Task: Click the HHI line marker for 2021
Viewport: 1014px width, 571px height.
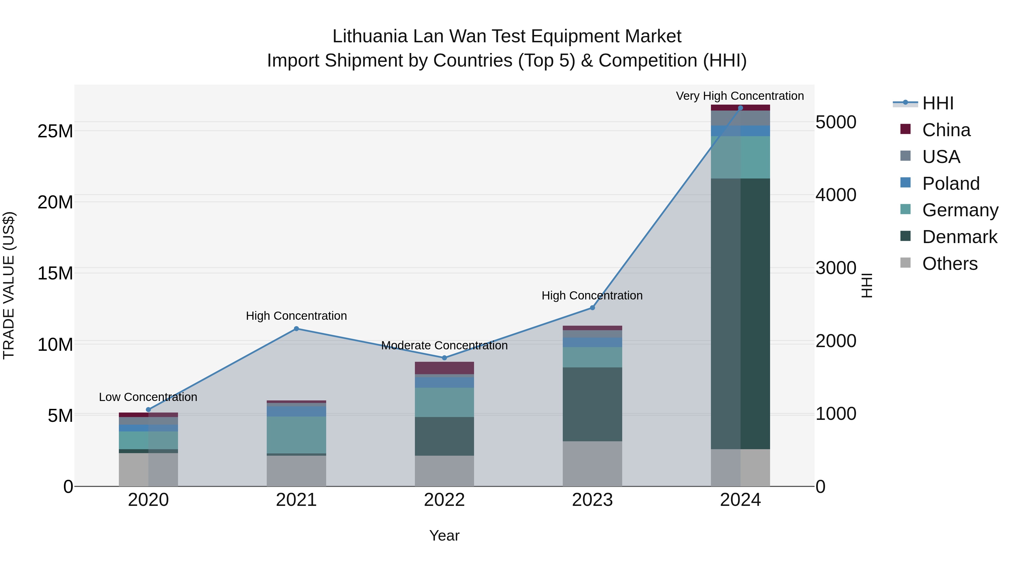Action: tap(296, 329)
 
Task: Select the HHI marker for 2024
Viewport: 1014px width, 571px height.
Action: tap(741, 108)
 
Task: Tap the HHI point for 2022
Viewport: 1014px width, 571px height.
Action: tap(444, 358)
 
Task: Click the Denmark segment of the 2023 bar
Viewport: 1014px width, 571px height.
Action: tap(592, 404)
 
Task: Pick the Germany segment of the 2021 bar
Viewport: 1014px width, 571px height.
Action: tap(296, 435)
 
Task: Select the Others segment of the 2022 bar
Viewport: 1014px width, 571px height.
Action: tap(444, 471)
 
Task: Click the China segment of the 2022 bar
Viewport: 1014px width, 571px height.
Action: tap(444, 368)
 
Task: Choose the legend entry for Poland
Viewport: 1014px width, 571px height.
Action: tap(950, 184)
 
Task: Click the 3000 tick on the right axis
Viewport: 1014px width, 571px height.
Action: tap(835, 268)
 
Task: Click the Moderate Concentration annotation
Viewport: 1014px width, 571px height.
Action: tap(444, 346)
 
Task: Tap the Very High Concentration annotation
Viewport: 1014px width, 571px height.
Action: tap(740, 96)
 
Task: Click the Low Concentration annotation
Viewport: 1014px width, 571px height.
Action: tap(148, 397)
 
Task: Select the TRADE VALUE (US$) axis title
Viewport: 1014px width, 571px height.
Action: tap(9, 285)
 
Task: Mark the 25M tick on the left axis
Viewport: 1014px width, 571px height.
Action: tap(55, 131)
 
